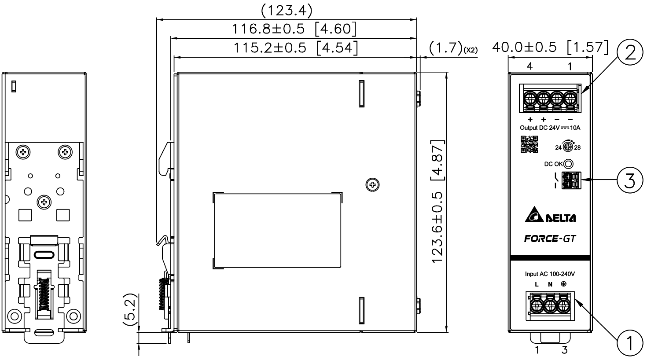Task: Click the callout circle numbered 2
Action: [x=630, y=54]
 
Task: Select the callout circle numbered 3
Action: [x=630, y=180]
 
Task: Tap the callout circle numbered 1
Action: [x=630, y=342]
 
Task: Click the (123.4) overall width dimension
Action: [x=287, y=10]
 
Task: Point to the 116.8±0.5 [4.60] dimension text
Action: [x=294, y=29]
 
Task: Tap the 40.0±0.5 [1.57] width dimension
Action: [x=550, y=47]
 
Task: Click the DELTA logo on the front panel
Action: [x=550, y=217]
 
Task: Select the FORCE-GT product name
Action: [x=550, y=239]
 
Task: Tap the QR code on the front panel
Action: [x=529, y=145]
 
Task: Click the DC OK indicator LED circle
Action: [x=568, y=164]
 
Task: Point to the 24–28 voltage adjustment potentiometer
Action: [x=568, y=147]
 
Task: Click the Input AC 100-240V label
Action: [x=550, y=274]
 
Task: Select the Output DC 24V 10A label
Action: [x=550, y=129]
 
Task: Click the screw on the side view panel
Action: [x=373, y=184]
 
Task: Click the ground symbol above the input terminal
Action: [x=563, y=284]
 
